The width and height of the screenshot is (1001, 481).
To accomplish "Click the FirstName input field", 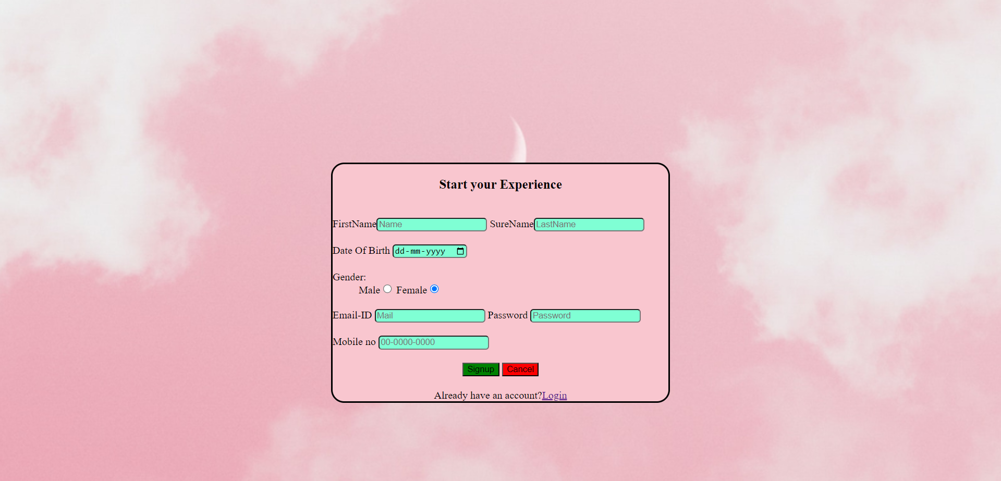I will click(431, 225).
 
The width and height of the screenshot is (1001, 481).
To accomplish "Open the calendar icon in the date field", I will click(460, 251).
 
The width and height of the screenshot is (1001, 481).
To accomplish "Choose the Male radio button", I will click(387, 289).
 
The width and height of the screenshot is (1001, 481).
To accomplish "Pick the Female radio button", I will click(434, 289).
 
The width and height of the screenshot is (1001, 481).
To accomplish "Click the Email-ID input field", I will click(430, 316).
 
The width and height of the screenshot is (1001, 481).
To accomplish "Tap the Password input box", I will click(585, 316).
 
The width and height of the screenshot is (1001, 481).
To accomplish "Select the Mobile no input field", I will click(433, 342).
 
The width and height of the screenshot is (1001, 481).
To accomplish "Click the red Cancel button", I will click(520, 369).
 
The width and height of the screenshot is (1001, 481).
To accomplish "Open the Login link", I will click(554, 396).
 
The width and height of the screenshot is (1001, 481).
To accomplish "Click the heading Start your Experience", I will click(500, 184).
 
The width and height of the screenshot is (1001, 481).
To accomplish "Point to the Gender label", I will click(349, 277).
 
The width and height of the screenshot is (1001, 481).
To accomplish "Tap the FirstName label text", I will click(355, 224).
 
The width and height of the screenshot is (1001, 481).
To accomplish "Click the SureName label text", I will click(511, 224).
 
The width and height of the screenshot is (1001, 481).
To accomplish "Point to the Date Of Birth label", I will click(361, 251).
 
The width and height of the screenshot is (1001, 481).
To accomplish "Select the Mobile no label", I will click(354, 342).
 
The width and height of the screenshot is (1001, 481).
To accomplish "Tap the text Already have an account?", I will click(487, 396).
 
